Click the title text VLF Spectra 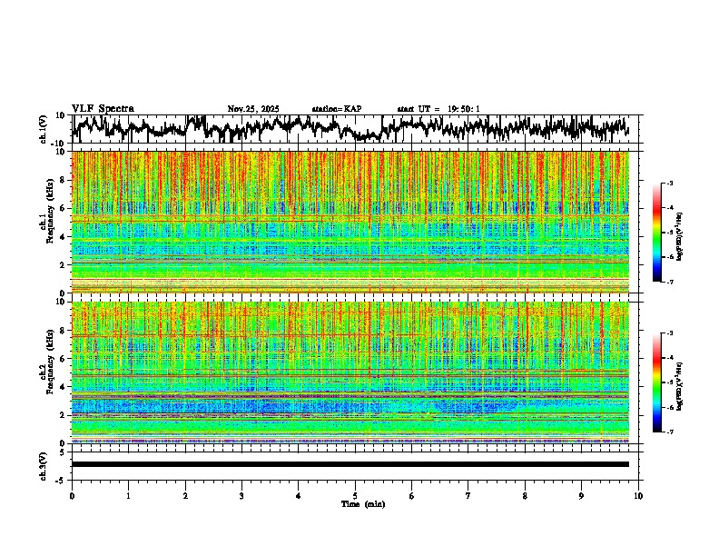click(x=103, y=109)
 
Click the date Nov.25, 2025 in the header click(x=253, y=109)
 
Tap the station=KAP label click(x=337, y=109)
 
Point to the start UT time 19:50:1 click(x=464, y=109)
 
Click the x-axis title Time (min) click(x=362, y=503)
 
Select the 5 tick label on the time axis click(x=355, y=496)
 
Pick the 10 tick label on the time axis click(x=638, y=496)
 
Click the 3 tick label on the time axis click(x=241, y=496)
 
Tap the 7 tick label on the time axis click(x=468, y=496)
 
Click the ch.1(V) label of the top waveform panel click(x=44, y=129)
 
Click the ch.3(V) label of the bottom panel click(x=44, y=464)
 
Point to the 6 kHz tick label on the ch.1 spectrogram click(x=62, y=208)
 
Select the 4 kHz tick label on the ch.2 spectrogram click(x=62, y=386)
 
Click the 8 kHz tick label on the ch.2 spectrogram click(x=62, y=330)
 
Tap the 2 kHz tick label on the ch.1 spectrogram click(x=62, y=264)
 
